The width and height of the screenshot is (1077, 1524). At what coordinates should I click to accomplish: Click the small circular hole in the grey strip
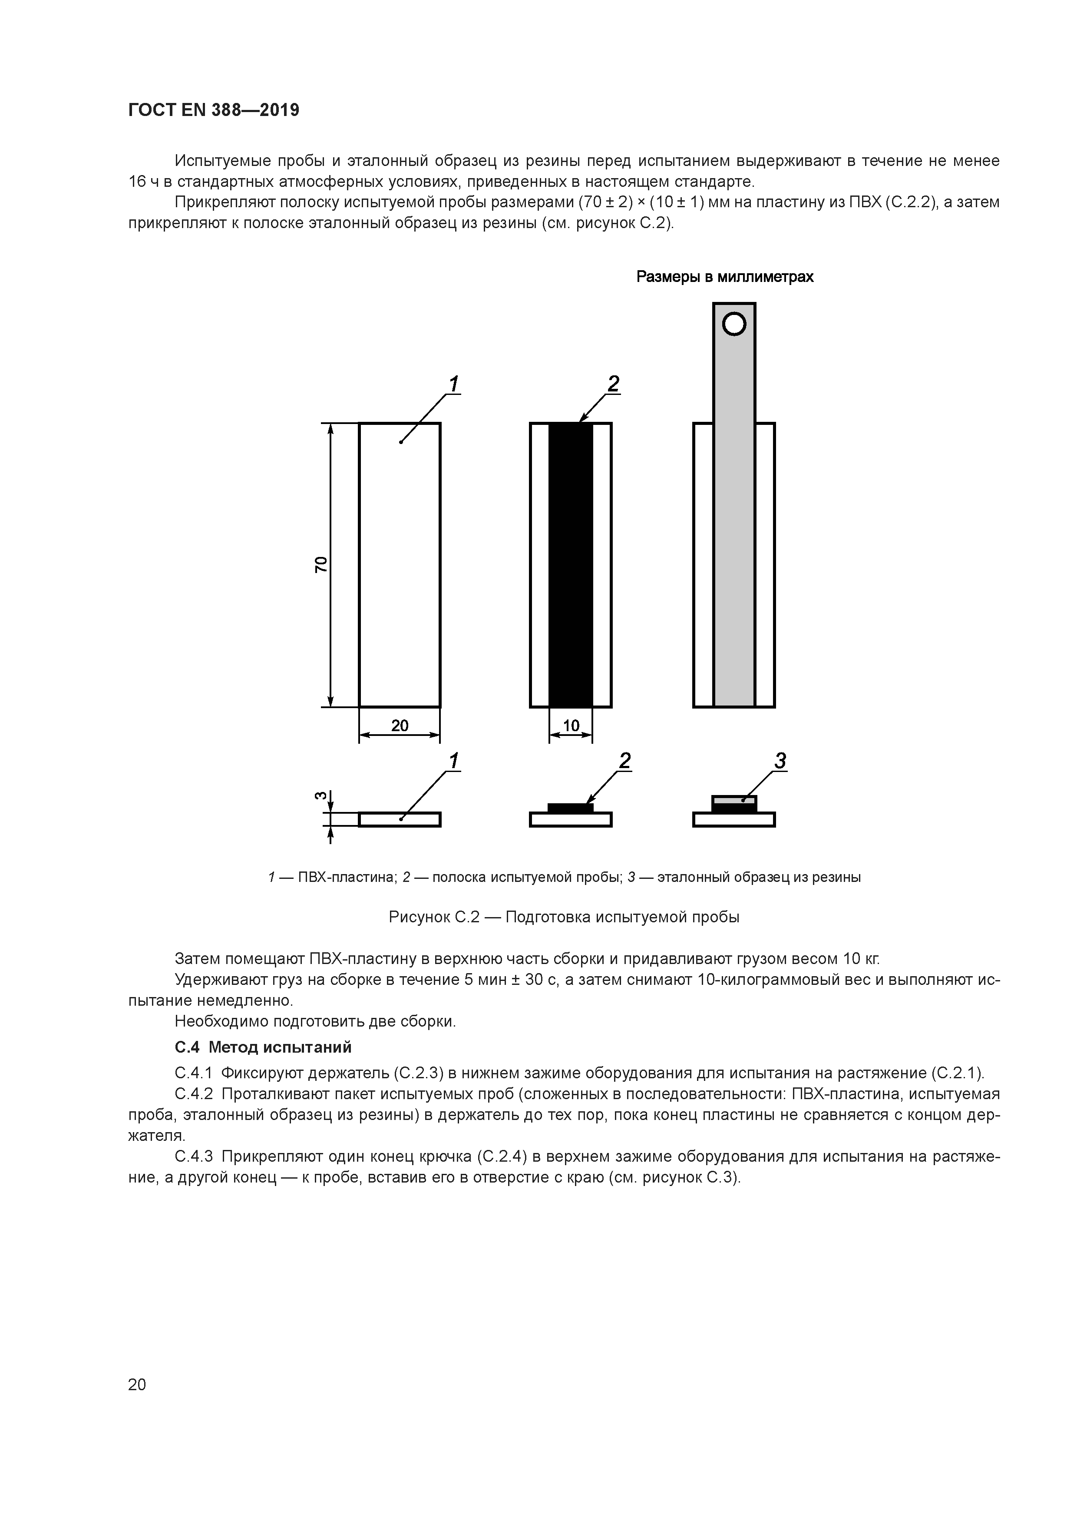tap(734, 325)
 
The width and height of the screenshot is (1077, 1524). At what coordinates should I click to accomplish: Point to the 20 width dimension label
tap(400, 726)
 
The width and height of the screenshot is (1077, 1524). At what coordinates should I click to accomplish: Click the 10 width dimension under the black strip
tap(571, 726)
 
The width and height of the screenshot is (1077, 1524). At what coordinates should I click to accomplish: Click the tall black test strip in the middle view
tap(571, 564)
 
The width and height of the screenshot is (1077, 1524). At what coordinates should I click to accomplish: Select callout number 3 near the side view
tap(780, 761)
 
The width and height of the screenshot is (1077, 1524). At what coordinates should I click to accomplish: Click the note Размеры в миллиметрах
tap(725, 277)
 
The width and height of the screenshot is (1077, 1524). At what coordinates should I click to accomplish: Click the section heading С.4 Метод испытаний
tap(263, 1047)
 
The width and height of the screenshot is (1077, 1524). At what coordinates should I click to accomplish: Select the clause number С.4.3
tap(194, 1156)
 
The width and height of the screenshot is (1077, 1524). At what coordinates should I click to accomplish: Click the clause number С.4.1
tap(194, 1073)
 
